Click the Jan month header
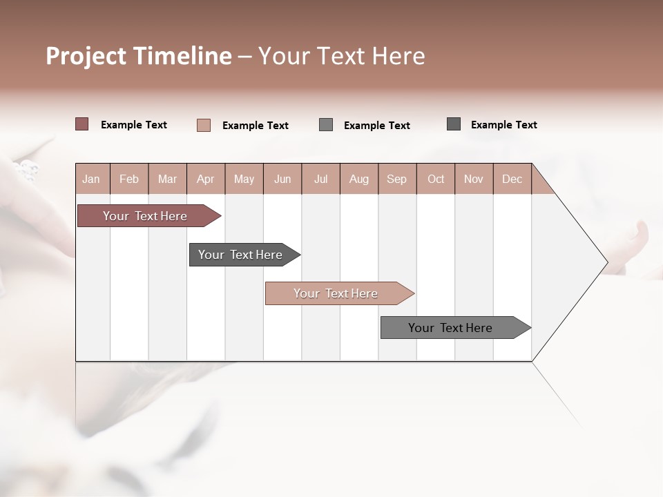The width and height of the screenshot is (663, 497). [x=92, y=179]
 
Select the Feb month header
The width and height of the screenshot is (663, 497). [x=129, y=179]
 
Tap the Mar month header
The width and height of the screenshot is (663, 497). [x=167, y=179]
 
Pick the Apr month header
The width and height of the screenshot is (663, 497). [x=206, y=179]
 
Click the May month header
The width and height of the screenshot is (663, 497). [x=244, y=179]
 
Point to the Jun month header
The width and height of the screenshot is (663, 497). [x=282, y=179]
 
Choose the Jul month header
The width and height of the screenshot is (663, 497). [x=320, y=179]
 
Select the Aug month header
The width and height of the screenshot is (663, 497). [x=359, y=179]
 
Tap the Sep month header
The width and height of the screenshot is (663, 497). [x=397, y=179]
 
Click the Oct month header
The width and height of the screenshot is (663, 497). [x=436, y=179]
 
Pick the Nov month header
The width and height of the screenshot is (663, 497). [x=474, y=179]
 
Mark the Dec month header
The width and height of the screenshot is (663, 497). [x=512, y=179]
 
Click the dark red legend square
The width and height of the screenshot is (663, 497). [x=81, y=124]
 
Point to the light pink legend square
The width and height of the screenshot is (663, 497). [x=204, y=125]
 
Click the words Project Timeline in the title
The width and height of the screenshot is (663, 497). [x=138, y=56]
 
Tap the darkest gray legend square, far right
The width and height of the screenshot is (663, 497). [x=454, y=124]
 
